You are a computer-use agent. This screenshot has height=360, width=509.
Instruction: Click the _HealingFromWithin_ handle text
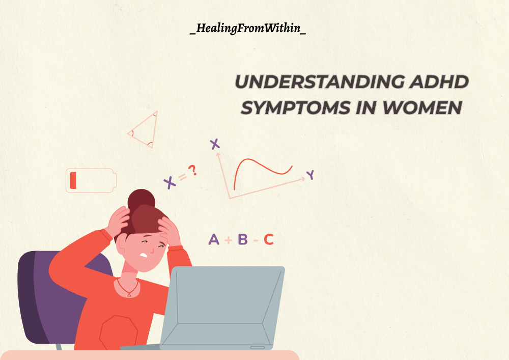coord(248,28)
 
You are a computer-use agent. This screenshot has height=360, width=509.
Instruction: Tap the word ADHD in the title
coord(439,81)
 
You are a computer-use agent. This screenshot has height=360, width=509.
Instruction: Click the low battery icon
coord(91,180)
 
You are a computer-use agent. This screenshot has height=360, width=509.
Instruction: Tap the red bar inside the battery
coord(73,180)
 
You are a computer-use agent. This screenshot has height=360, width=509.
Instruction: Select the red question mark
coord(192,170)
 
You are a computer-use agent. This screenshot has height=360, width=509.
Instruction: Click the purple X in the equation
coord(169,183)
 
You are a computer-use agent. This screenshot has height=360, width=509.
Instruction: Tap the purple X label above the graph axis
coord(215,144)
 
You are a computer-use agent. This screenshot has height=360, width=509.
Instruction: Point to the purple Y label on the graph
coord(310,175)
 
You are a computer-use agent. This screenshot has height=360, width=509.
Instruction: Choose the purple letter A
coord(214,239)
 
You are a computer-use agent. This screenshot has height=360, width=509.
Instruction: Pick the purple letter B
coord(243,239)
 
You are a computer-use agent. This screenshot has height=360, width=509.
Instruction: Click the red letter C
coord(269,239)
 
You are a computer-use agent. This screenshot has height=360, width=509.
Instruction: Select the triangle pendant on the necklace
coord(129,294)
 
